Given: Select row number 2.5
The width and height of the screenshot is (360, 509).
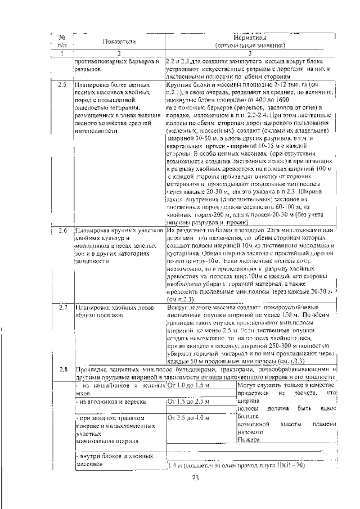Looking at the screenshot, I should [62, 85].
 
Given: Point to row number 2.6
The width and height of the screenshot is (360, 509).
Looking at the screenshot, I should [62, 231].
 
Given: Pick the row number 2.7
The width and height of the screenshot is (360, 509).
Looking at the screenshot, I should [62, 308].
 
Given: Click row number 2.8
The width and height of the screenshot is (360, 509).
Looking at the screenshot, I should [62, 369].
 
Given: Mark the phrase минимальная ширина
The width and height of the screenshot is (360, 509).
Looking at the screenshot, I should [99, 442].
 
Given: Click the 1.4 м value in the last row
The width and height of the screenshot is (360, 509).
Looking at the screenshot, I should [174, 466].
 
